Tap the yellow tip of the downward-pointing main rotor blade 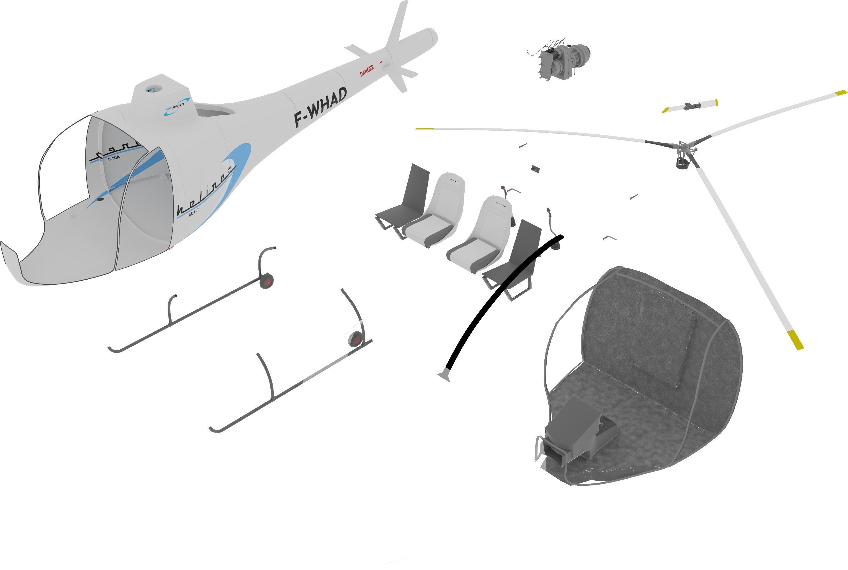tap(795, 340)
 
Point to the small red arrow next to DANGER tap(381, 62)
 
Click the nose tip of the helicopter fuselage tap(7, 255)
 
